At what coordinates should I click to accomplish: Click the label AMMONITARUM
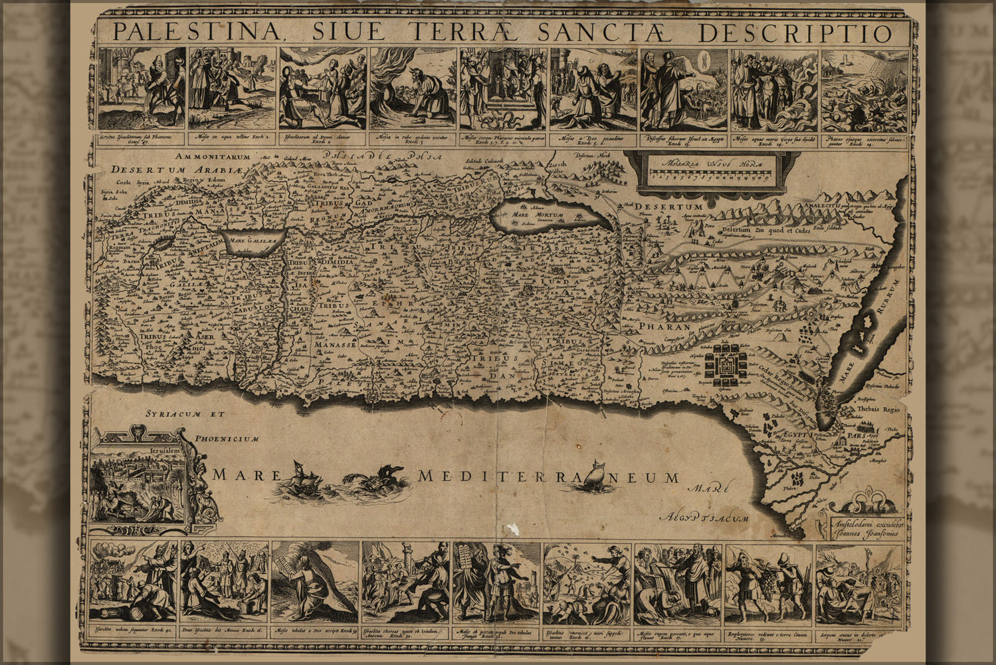click(x=213, y=157)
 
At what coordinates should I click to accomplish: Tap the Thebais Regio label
click(x=878, y=410)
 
